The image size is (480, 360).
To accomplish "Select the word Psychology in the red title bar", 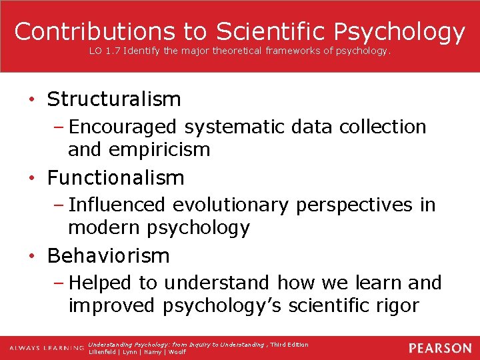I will (x=399, y=31).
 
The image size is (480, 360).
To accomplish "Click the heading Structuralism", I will (x=114, y=99).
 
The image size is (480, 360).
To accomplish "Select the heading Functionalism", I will (x=115, y=178).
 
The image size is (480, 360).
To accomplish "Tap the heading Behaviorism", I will (x=109, y=255).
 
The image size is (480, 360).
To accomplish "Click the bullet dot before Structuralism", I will (x=32, y=101).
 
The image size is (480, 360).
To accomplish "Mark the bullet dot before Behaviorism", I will (x=32, y=257).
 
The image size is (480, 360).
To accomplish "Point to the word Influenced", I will (x=117, y=205).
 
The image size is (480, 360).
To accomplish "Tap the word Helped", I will (x=102, y=283).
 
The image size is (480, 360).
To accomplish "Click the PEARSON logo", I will (x=440, y=348).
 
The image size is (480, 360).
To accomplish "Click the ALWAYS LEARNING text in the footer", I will (x=47, y=348).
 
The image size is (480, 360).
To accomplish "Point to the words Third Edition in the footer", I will (x=289, y=345).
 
